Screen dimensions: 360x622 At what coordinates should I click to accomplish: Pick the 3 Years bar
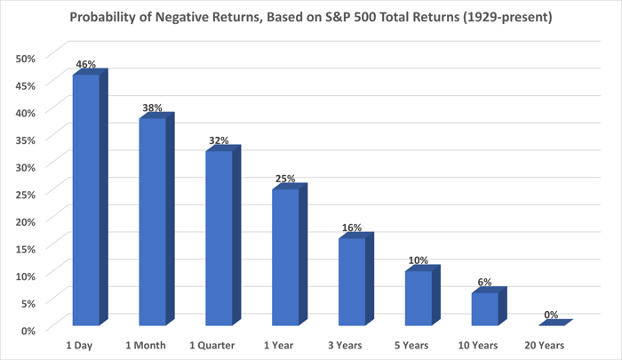351,282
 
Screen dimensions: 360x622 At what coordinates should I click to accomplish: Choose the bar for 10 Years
484,308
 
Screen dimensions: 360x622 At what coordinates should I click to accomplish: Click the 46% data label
85,65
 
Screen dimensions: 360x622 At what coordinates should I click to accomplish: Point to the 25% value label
284,180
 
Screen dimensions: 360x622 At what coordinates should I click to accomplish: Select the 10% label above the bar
418,260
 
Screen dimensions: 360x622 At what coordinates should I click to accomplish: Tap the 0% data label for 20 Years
550,315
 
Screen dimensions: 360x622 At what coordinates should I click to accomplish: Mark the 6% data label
484,283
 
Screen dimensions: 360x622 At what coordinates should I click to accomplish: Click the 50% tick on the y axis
26,58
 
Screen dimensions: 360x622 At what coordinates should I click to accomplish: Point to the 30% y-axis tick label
26,166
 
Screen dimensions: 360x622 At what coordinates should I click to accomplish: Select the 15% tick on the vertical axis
26,248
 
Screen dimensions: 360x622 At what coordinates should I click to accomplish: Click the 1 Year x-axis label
284,344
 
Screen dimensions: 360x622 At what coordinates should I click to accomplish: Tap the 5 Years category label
418,344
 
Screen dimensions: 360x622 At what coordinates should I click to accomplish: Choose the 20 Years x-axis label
550,344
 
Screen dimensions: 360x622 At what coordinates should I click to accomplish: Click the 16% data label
351,228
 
